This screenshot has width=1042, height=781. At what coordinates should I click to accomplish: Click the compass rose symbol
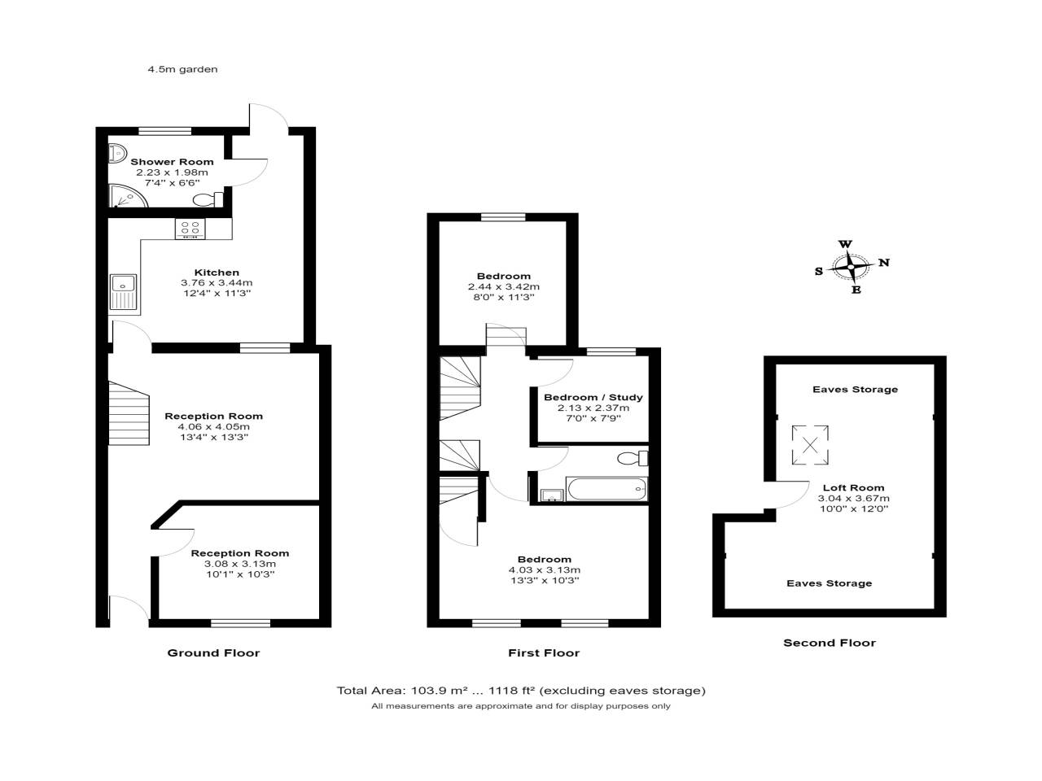851,267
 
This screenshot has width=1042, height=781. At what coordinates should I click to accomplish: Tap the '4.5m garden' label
182,69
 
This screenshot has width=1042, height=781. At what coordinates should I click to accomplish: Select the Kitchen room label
217,273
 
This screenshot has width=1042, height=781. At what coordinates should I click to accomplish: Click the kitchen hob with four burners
190,229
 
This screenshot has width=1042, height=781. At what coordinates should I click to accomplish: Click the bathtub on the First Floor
606,489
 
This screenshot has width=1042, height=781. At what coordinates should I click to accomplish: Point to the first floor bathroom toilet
633,457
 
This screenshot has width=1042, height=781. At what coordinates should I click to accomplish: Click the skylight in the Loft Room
810,444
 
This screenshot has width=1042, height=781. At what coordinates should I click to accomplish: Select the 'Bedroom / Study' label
593,397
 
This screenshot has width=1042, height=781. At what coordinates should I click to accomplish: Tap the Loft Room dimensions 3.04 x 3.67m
853,499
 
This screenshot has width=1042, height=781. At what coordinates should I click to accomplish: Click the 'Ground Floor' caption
213,652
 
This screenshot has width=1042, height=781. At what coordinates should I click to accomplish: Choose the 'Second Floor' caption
830,643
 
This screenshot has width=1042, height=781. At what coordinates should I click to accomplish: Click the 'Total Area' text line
521,691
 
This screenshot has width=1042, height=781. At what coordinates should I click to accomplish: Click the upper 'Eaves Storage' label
855,389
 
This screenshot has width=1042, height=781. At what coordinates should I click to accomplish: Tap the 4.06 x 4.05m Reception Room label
214,426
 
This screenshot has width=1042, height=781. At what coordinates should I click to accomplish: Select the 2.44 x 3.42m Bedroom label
504,286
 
